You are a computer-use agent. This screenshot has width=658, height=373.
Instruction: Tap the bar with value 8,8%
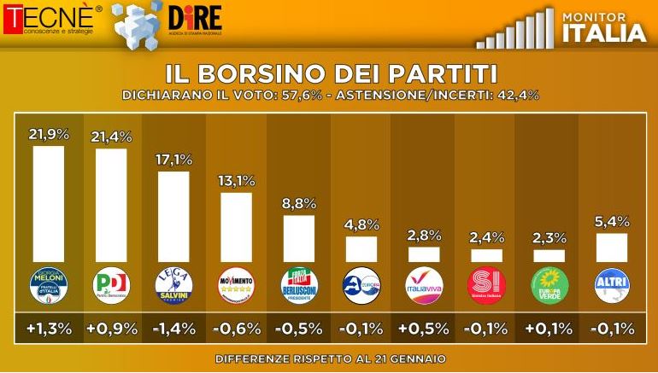pos(299,238)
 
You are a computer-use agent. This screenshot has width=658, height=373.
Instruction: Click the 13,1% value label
pos(236,181)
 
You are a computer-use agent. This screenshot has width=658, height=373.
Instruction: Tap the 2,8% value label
pos(424,236)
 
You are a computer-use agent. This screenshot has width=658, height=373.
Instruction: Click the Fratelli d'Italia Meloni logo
pos(48,285)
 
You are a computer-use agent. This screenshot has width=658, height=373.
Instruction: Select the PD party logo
pos(111,285)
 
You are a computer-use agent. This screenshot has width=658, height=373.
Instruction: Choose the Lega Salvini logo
pos(173,285)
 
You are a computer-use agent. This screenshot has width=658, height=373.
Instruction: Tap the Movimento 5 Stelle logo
pos(236,285)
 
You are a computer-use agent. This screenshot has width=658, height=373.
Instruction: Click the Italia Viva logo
pos(424,285)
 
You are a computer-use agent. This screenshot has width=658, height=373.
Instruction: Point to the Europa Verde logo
pos(549,285)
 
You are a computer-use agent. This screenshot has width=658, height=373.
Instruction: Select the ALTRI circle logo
pos(611,285)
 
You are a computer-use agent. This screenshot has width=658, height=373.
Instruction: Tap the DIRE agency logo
pos(195,19)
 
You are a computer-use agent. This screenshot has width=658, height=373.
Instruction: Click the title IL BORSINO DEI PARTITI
pos(329,71)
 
